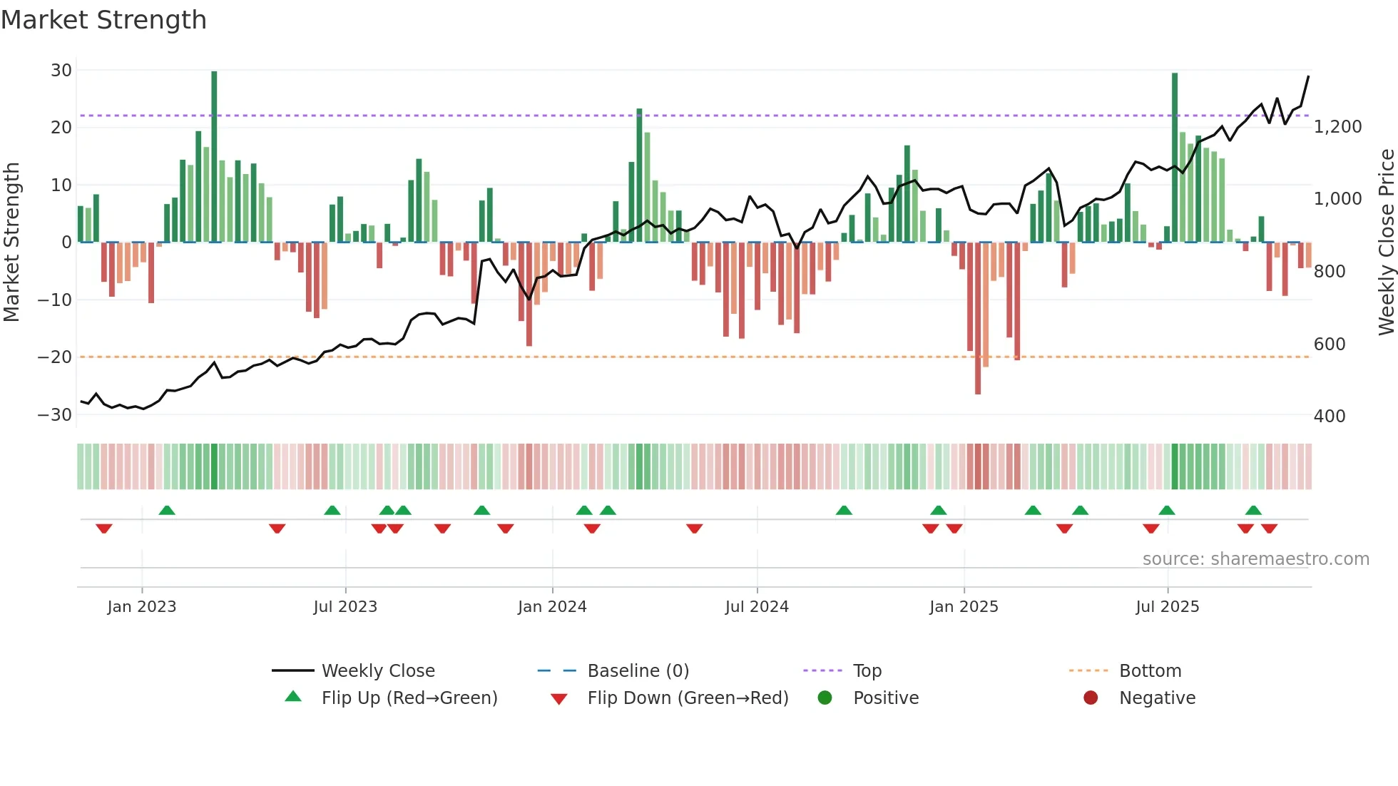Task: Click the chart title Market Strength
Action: click(103, 20)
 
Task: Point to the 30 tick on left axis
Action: click(61, 71)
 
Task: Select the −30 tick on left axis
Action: click(56, 415)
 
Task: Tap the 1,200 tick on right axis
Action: click(1337, 127)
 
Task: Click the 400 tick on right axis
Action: click(1330, 417)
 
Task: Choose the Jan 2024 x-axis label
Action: click(552, 607)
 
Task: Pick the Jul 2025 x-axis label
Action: click(1167, 607)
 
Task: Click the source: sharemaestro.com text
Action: click(1255, 559)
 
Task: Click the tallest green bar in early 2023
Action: click(214, 157)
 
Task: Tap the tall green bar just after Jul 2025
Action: click(1175, 157)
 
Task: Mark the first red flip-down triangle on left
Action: click(104, 529)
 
